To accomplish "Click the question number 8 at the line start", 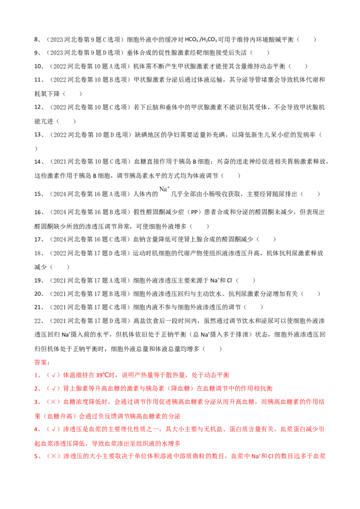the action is [x=36, y=40].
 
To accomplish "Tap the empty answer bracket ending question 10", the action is [x=298, y=66].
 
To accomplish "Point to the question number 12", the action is [x=37, y=107].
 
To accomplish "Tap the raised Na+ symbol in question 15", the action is [x=164, y=189].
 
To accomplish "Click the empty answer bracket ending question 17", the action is [x=266, y=239].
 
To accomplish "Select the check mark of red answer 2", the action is [x=53, y=388].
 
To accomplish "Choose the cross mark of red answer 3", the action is [x=53, y=402].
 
